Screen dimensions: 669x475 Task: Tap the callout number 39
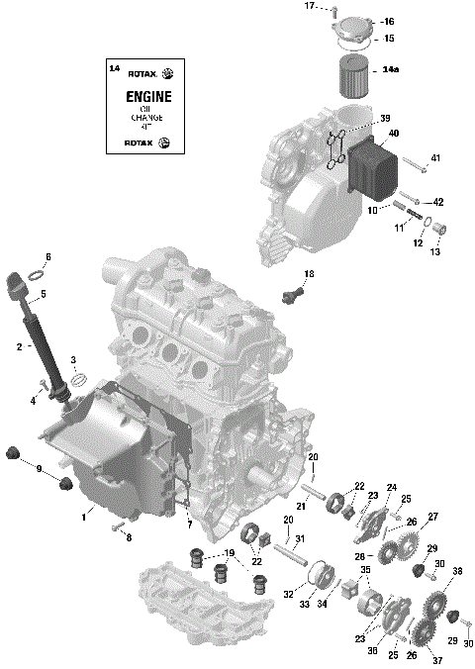[x=385, y=117]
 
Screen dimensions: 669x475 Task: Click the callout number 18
[x=309, y=273]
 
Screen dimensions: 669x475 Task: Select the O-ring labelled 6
[x=33, y=273]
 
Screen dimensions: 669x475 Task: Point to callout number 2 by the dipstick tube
[x=19, y=347]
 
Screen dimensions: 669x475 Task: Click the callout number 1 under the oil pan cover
[x=85, y=516]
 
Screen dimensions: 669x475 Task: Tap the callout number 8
[x=128, y=537]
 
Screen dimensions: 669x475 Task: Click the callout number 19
[x=229, y=553]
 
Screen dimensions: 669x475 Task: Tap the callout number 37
[x=436, y=661]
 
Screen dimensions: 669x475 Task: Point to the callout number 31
[x=300, y=538]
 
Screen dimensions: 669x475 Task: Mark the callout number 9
[x=39, y=468]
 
